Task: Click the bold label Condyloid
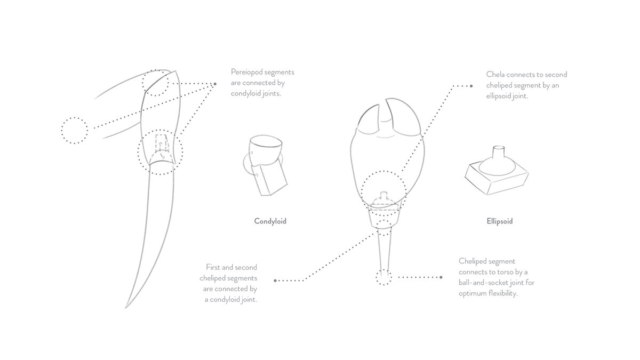(x=270, y=221)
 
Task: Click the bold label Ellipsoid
(x=499, y=221)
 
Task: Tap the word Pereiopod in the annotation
(x=246, y=72)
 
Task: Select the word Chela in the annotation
(x=495, y=74)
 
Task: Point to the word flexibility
(x=503, y=293)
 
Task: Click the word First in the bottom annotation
(x=213, y=267)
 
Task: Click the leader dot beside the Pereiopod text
(x=215, y=84)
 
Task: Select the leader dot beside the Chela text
(x=471, y=86)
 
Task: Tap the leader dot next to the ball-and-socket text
(x=441, y=277)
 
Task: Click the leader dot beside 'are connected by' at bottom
(x=275, y=281)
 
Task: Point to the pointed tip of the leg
(x=125, y=309)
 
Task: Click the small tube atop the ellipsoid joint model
(x=499, y=151)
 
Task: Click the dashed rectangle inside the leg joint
(x=161, y=143)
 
